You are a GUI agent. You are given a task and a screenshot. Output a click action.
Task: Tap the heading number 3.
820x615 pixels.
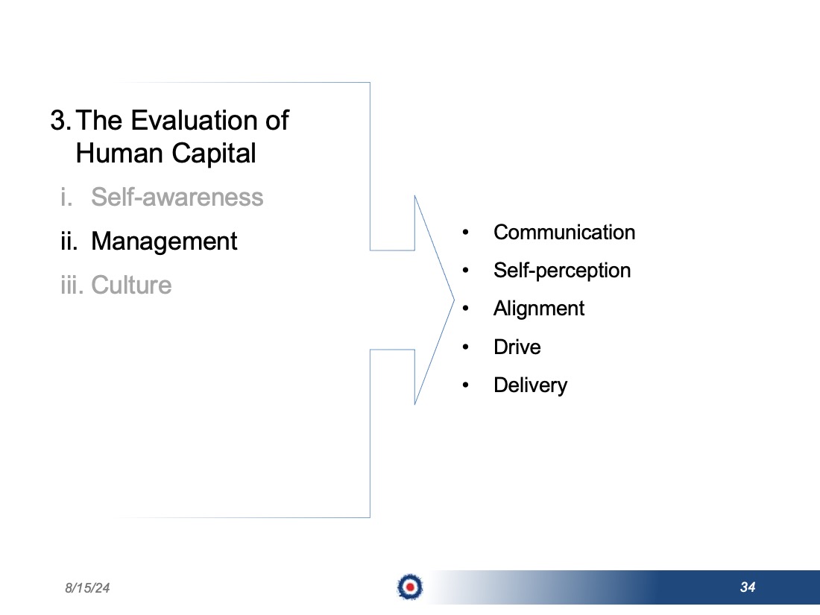coord(60,120)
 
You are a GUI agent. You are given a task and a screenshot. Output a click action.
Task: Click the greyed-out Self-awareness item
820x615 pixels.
coord(177,197)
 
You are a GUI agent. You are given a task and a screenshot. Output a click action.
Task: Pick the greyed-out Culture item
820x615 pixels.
coord(131,285)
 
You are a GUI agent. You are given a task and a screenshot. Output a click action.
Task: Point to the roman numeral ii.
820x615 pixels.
coord(69,241)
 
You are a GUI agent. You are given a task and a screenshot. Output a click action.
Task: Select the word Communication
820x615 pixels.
coord(564,232)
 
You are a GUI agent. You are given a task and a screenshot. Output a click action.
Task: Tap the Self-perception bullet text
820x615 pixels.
coord(562,271)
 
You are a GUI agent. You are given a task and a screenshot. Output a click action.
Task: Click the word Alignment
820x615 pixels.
coord(539,309)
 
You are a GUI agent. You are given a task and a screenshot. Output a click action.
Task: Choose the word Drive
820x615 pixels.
coord(517,347)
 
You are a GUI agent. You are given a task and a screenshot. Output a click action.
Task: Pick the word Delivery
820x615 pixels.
coord(530,385)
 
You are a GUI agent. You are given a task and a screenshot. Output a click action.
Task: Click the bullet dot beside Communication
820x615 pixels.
coord(465,232)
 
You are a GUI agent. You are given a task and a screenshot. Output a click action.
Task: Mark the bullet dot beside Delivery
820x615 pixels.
coord(465,385)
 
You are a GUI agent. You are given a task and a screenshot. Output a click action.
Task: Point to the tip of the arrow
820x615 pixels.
coord(454,300)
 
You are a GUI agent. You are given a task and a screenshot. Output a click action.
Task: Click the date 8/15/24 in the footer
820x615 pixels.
coord(87,588)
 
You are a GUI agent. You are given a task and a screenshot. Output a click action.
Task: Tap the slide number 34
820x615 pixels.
coord(748,587)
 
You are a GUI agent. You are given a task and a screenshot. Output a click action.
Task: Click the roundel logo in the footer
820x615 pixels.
coord(410,587)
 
